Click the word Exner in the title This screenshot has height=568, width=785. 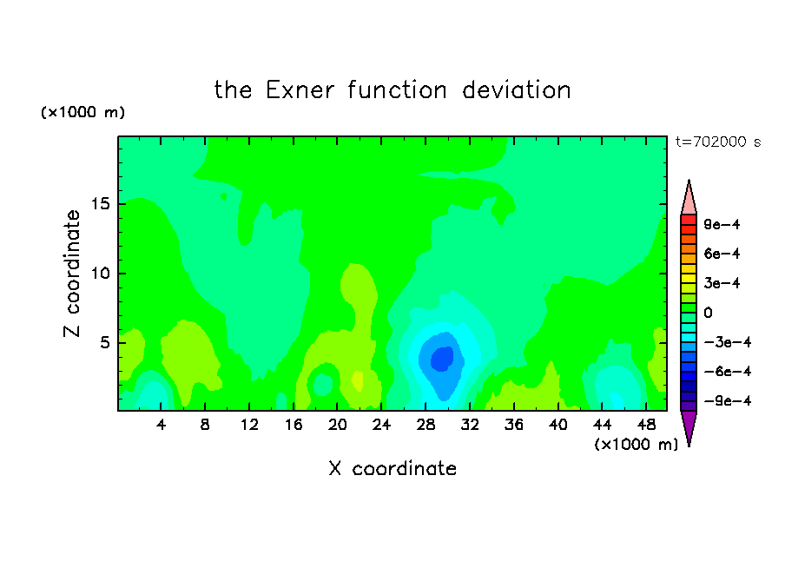click(300, 90)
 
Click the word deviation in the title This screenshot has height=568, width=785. click(516, 90)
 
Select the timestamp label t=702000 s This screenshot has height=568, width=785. click(718, 142)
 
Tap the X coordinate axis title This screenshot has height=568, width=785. click(392, 468)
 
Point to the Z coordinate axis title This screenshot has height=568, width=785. click(71, 274)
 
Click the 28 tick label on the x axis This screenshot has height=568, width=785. click(425, 425)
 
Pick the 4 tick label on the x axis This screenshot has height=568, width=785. click(161, 425)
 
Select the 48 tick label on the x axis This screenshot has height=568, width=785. click(646, 425)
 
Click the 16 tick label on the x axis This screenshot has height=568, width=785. click(294, 425)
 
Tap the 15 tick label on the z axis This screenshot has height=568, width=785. click(100, 204)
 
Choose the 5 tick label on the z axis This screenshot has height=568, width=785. click(104, 342)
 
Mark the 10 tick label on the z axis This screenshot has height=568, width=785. click(100, 274)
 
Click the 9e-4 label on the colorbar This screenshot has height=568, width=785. click(722, 224)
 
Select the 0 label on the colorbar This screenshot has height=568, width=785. click(708, 313)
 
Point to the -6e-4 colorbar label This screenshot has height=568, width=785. click(728, 372)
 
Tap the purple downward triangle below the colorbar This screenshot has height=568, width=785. click(689, 426)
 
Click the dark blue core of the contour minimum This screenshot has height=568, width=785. click(442, 359)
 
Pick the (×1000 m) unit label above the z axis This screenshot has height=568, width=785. click(82, 112)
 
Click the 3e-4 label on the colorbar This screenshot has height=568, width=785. click(722, 283)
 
